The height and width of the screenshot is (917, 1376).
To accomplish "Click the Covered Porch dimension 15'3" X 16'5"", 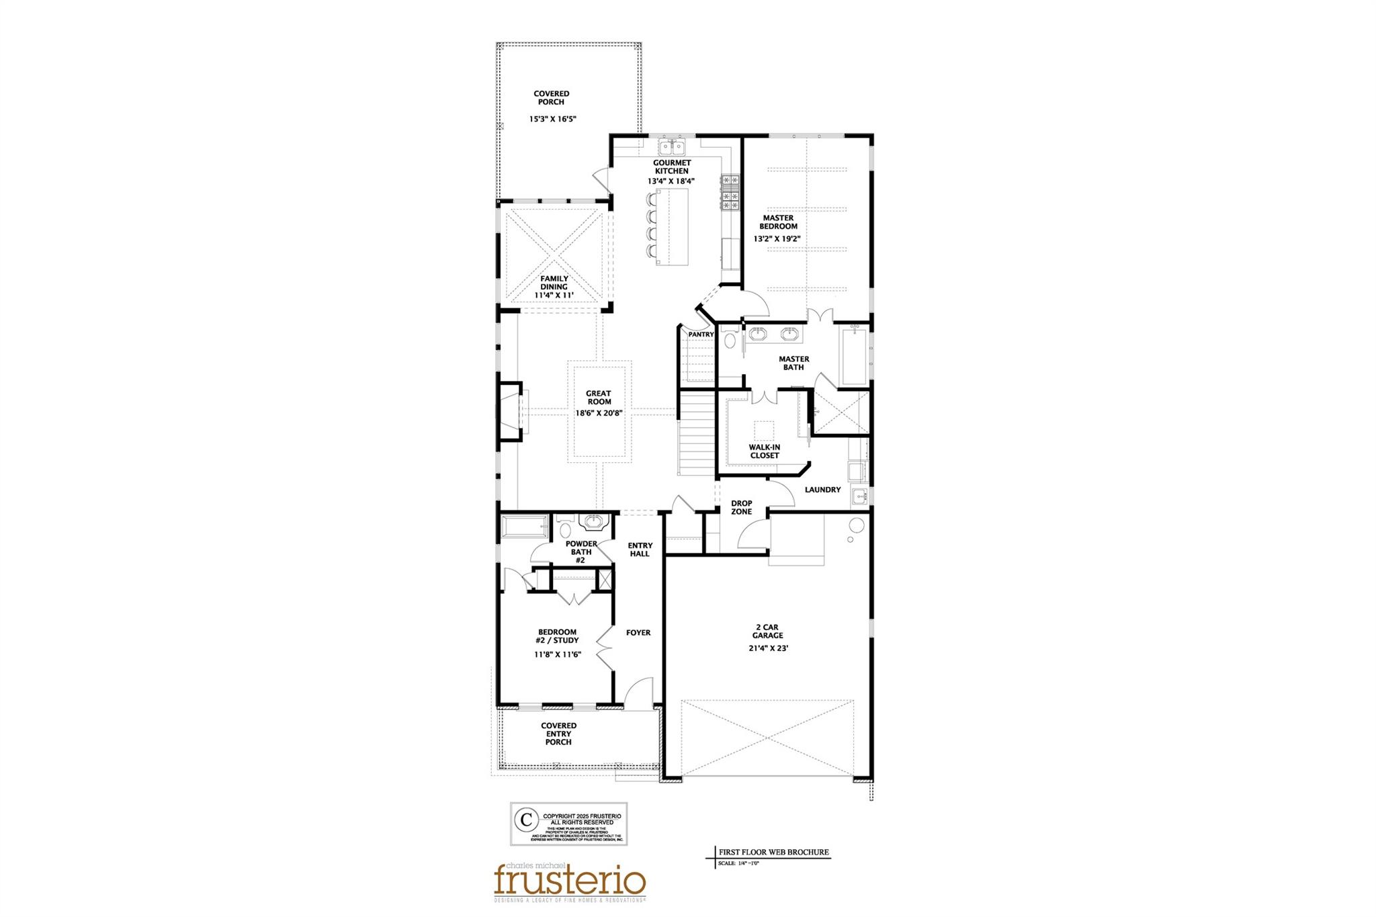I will click(x=552, y=119).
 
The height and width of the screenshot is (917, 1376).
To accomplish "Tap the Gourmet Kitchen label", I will click(x=672, y=167).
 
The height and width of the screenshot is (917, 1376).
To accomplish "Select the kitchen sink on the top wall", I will click(x=671, y=146).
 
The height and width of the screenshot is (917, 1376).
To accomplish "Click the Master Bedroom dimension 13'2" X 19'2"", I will click(x=777, y=238).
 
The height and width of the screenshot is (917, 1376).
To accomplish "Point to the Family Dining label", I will click(x=554, y=282).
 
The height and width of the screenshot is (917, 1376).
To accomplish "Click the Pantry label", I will click(x=701, y=335).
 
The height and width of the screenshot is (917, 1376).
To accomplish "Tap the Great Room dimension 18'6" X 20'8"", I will click(x=598, y=413).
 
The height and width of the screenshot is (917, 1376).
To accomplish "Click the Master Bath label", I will click(x=793, y=363).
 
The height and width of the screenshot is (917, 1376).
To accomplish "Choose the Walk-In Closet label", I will click(x=765, y=451).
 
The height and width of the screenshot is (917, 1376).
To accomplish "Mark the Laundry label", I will click(x=822, y=490).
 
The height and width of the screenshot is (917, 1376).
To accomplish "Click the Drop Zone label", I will click(x=742, y=507).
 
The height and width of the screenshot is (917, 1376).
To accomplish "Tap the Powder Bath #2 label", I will click(x=581, y=552).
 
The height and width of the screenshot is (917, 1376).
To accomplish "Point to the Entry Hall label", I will click(x=640, y=550).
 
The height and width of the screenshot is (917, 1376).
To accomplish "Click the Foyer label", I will click(x=638, y=633).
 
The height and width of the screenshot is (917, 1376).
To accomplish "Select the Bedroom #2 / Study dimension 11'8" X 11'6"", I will click(x=557, y=654).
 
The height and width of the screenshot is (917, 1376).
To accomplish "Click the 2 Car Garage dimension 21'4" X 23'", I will click(x=767, y=649).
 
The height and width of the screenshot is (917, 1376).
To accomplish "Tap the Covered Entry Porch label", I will click(x=558, y=734).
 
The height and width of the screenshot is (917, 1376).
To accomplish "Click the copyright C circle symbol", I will click(x=526, y=820).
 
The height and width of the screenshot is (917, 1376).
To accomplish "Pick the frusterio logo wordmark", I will click(x=570, y=879).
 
